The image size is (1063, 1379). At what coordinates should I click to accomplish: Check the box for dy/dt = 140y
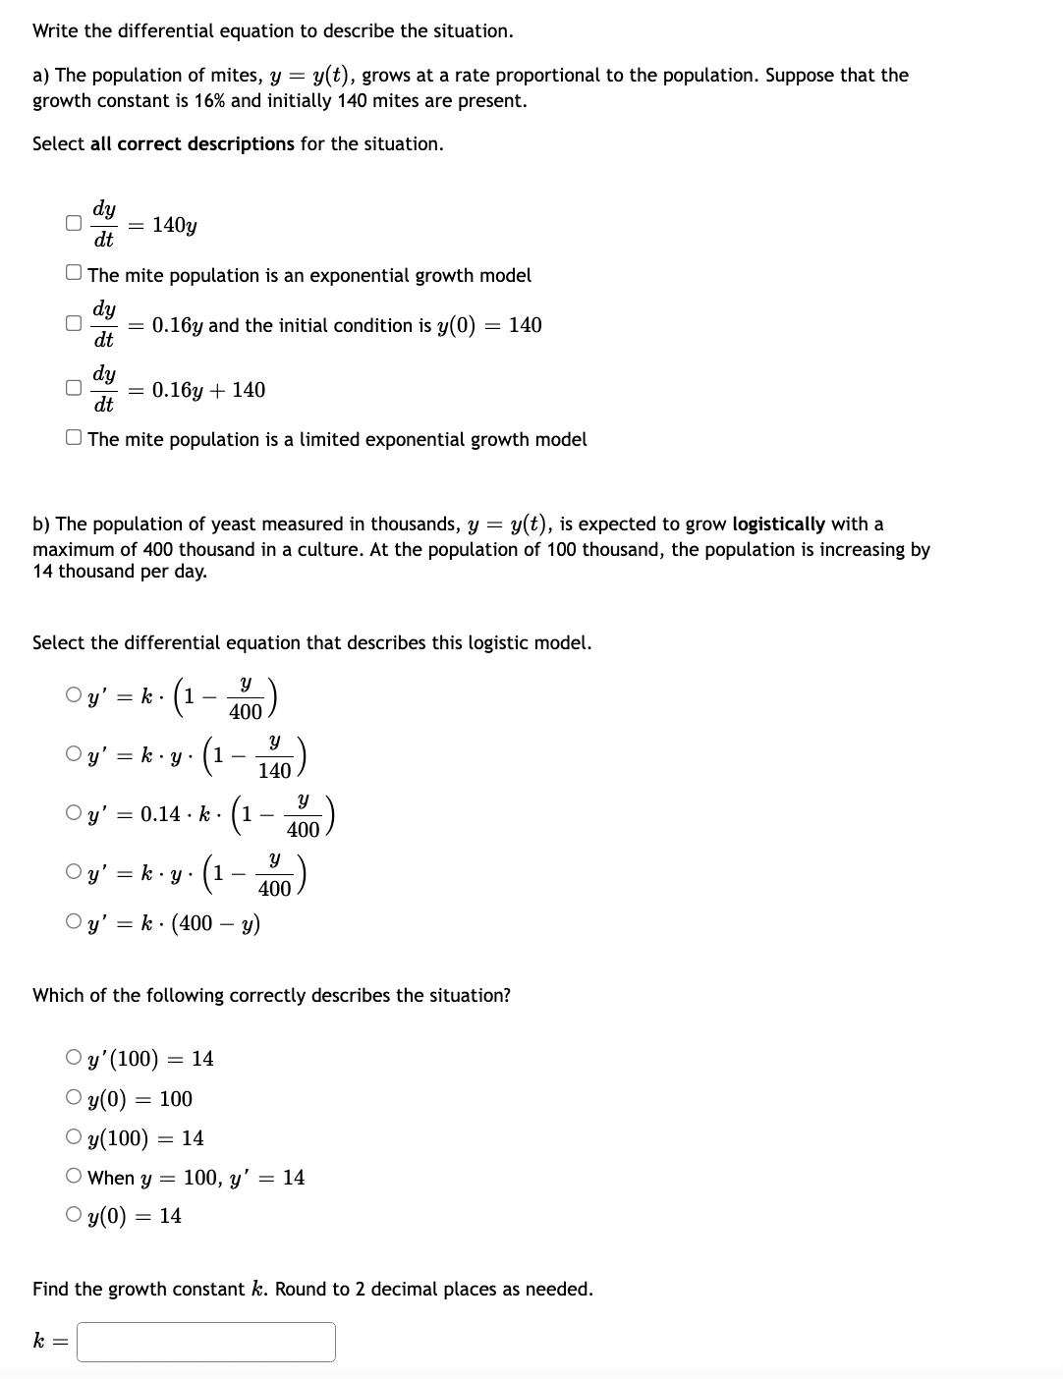pos(73,223)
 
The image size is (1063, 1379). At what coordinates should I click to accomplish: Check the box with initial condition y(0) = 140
pos(73,323)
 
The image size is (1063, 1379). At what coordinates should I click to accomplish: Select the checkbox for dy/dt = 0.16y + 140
pos(73,388)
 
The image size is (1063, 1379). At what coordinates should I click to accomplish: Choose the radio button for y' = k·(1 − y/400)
pos(74,695)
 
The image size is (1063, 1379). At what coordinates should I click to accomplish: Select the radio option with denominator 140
pos(74,754)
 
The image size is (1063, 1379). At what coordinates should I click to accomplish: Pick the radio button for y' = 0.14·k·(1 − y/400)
pos(74,813)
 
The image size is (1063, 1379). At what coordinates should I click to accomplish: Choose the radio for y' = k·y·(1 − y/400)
pos(74,871)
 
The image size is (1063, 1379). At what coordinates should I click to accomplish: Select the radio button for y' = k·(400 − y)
pos(74,922)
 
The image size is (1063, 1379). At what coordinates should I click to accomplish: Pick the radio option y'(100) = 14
pos(74,1058)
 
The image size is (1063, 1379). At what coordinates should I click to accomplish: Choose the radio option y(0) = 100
pos(74,1098)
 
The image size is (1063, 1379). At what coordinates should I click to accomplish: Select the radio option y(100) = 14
pos(74,1137)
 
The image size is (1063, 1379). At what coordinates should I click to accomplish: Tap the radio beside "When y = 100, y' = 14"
pos(74,1177)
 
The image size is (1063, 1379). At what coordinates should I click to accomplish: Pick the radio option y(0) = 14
pos(74,1215)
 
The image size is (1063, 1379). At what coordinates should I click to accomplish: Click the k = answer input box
pos(206,1342)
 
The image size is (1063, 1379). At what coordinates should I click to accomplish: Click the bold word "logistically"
pos(778,524)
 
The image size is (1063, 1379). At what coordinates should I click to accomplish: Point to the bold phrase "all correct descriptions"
pos(192,144)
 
